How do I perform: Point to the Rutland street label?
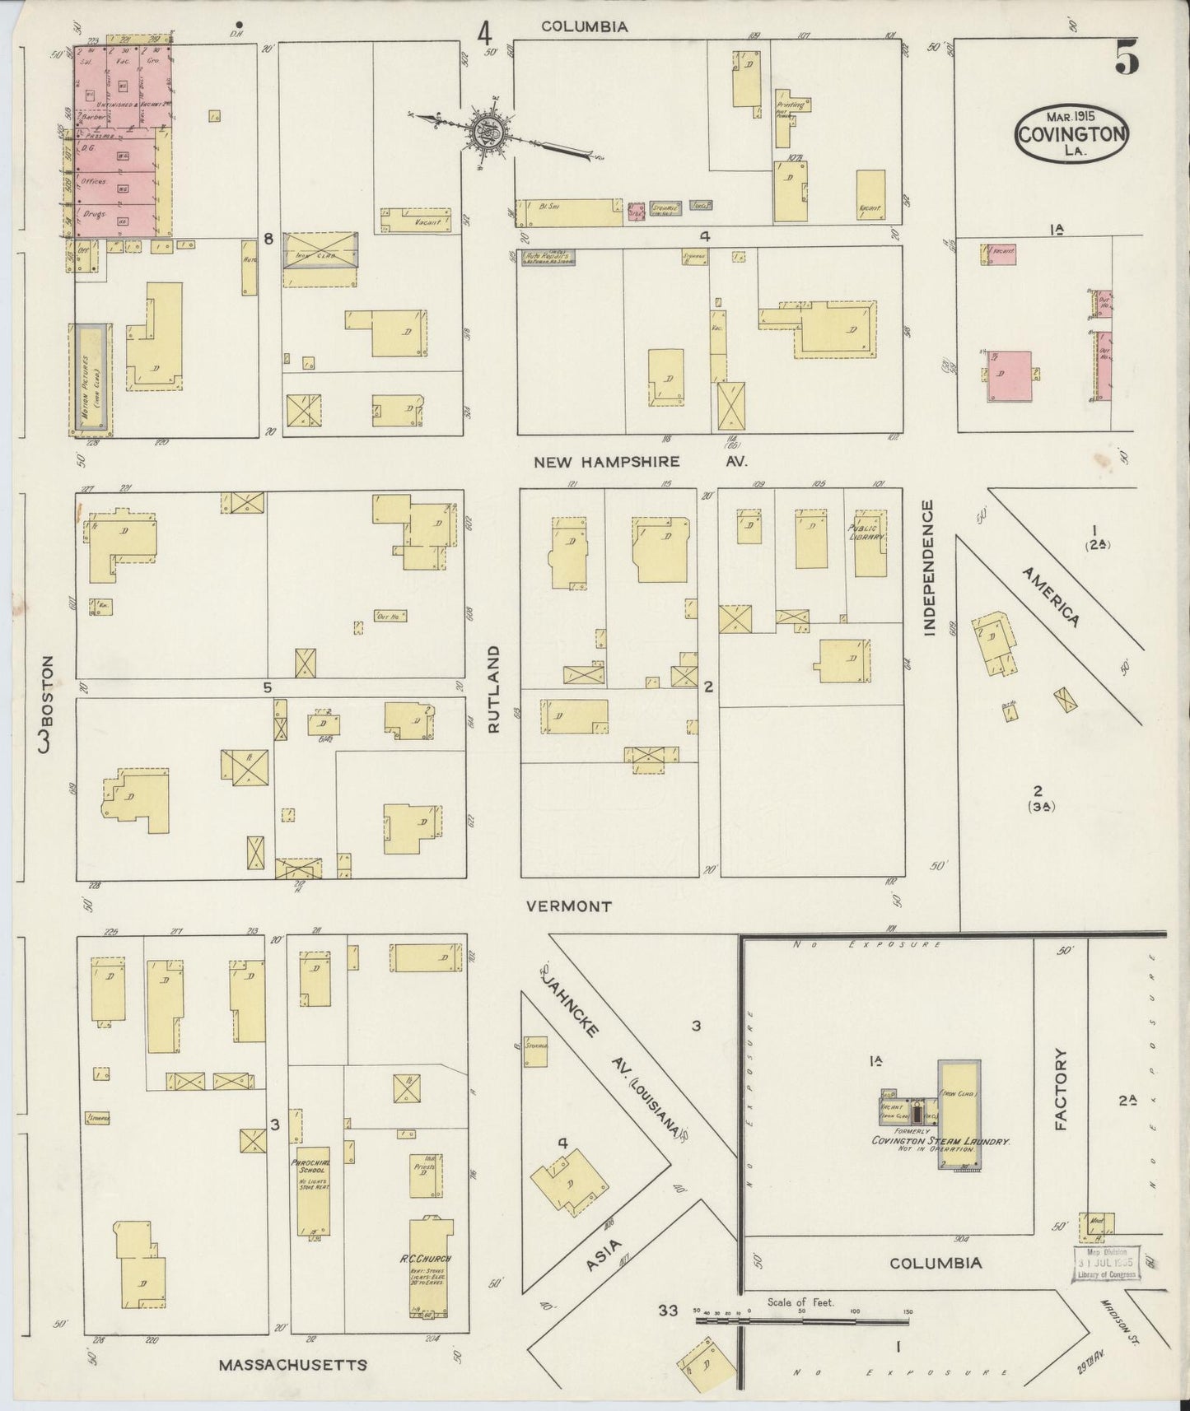tap(494, 689)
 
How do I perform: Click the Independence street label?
tap(930, 567)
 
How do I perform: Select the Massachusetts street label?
tap(292, 1365)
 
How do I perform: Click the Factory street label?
tap(1061, 1089)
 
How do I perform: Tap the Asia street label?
tap(604, 1256)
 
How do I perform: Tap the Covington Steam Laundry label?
tap(940, 1142)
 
